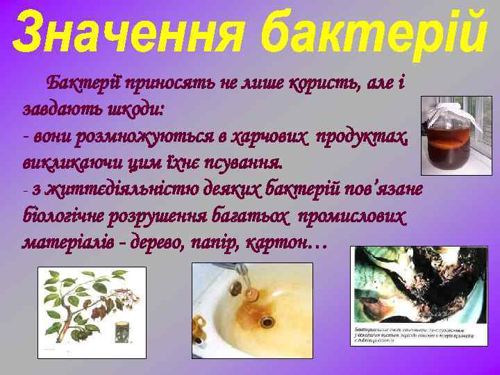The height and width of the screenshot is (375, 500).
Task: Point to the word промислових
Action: [351, 216]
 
